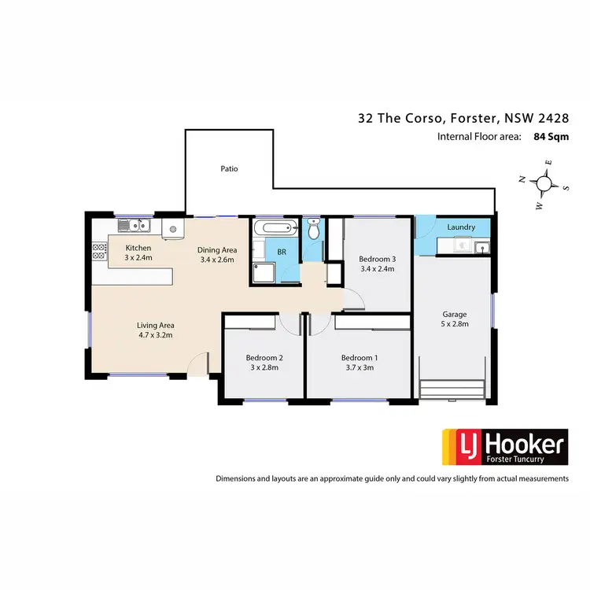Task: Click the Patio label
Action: (228, 169)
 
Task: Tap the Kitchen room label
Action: (138, 246)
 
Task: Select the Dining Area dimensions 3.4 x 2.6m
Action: (216, 260)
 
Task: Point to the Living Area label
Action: (155, 324)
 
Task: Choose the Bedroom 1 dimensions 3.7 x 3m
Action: (359, 367)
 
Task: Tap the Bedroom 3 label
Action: (376, 258)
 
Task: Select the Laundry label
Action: (460, 227)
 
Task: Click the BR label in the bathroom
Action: (280, 253)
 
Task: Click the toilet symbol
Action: (313, 230)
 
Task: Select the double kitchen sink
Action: (135, 227)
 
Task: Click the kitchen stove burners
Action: (99, 251)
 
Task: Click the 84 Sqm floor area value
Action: (550, 136)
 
